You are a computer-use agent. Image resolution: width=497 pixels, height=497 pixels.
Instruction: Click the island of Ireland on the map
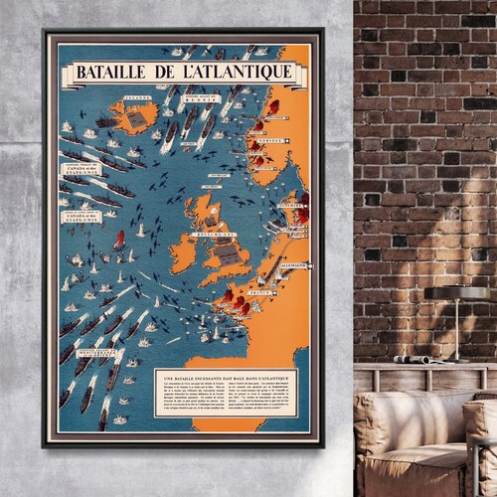click(183, 252)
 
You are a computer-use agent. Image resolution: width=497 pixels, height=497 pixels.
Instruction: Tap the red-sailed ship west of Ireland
click(119, 241)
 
